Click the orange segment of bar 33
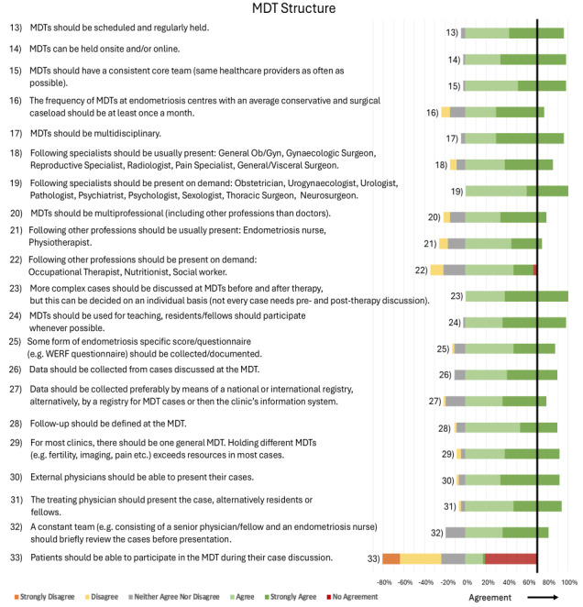click(391, 558)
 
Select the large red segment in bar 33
click(511, 558)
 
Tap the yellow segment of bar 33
click(421, 558)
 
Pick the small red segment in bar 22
click(534, 270)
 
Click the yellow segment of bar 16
click(445, 112)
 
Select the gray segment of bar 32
click(455, 532)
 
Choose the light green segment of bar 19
click(496, 191)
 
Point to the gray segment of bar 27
click(455, 401)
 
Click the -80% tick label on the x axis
click(384, 581)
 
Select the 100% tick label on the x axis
click(567, 581)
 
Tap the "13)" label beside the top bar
click(452, 33)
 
